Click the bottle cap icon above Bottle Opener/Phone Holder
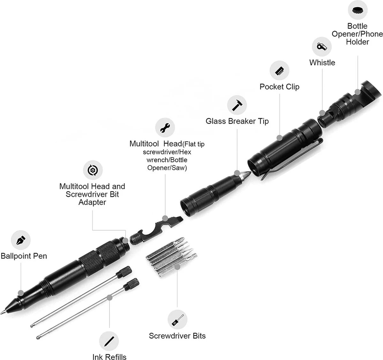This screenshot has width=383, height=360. click(x=357, y=11)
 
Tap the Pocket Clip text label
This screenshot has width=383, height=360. click(x=279, y=87)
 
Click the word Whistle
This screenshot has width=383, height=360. click(x=322, y=63)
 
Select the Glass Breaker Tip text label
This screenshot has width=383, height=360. click(x=237, y=121)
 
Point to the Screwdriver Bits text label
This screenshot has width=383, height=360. click(x=177, y=336)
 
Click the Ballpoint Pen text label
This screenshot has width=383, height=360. click(x=24, y=256)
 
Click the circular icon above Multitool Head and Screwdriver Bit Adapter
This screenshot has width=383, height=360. click(x=93, y=170)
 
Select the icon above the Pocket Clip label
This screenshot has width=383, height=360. click(x=279, y=71)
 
